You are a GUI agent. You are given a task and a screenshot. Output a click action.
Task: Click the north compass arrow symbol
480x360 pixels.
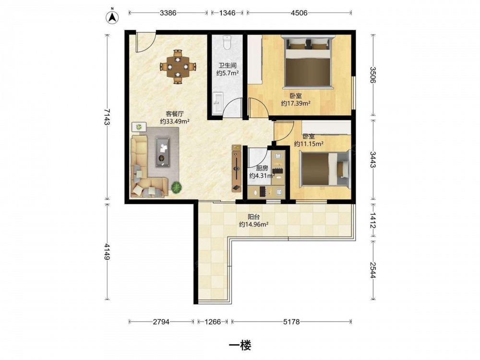[112, 18]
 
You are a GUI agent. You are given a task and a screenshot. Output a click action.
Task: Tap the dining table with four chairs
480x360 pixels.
[178, 67]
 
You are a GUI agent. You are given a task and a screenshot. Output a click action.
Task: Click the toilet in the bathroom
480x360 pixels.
[227, 43]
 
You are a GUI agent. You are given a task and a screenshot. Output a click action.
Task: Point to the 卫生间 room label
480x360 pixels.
[227, 65]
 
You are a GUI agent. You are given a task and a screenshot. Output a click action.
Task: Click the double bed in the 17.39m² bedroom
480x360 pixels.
[308, 62]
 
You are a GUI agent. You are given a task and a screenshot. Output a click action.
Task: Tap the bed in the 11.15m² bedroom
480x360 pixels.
[324, 169]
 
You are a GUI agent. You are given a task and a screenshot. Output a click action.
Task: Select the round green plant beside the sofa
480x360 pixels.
[176, 187]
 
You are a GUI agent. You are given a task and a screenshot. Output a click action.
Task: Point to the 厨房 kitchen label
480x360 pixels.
[262, 168]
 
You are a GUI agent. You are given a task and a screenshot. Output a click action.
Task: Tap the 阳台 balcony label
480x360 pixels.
[254, 217]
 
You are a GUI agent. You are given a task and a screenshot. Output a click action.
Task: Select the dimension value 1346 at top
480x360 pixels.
[228, 13]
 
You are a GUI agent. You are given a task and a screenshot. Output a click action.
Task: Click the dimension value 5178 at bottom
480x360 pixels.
[291, 322]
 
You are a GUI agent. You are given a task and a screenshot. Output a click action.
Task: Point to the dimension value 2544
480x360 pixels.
[373, 270]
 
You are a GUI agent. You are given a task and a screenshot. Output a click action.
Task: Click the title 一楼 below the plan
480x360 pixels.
[240, 346]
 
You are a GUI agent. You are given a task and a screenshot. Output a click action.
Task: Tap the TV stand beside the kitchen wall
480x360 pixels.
[236, 168]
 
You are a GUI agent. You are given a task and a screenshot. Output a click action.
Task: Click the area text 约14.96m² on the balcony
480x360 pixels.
[254, 224]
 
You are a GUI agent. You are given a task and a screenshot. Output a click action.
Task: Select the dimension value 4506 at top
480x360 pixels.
[299, 13]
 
